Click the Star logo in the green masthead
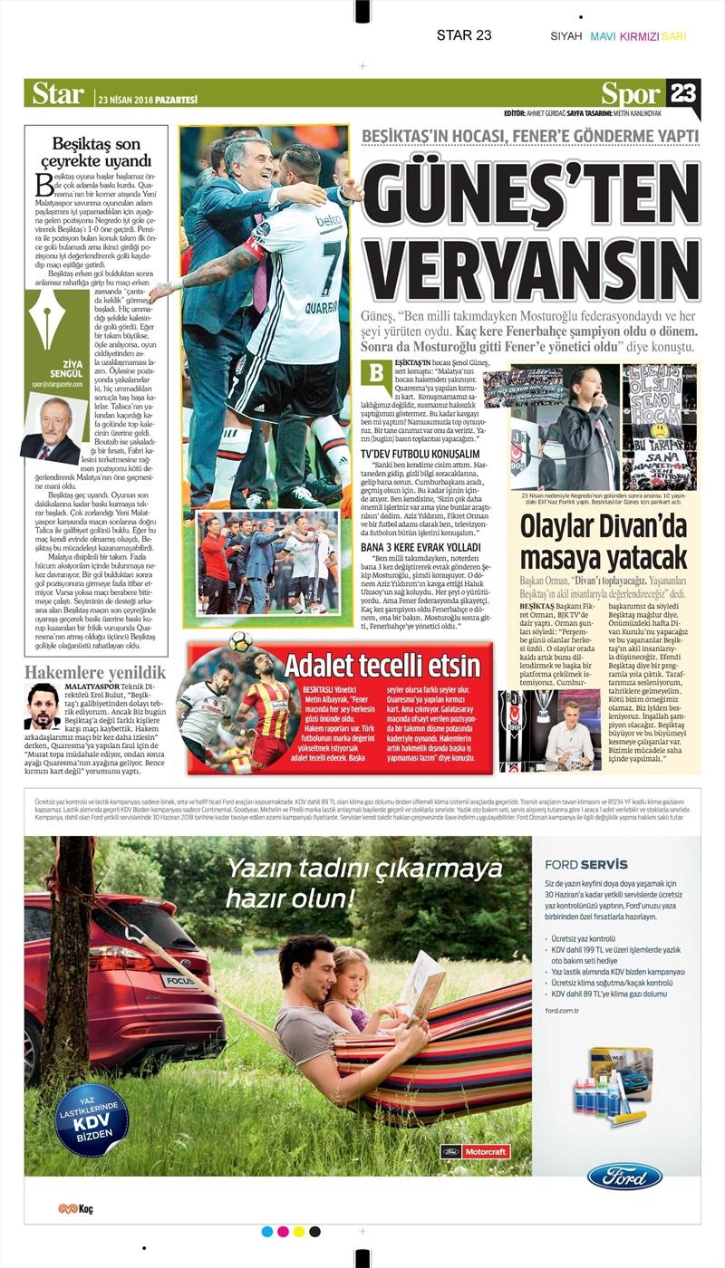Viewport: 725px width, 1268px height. [x=58, y=93]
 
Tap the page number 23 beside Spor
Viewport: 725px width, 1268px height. [x=682, y=93]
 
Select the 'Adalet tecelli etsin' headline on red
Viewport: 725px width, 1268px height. [x=382, y=665]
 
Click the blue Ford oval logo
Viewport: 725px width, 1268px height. [x=624, y=1177]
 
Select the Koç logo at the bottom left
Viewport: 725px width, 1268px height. [x=75, y=1208]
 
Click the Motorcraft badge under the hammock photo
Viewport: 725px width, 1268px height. [x=475, y=1152]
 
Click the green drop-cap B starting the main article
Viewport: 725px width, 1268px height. [x=373, y=374]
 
